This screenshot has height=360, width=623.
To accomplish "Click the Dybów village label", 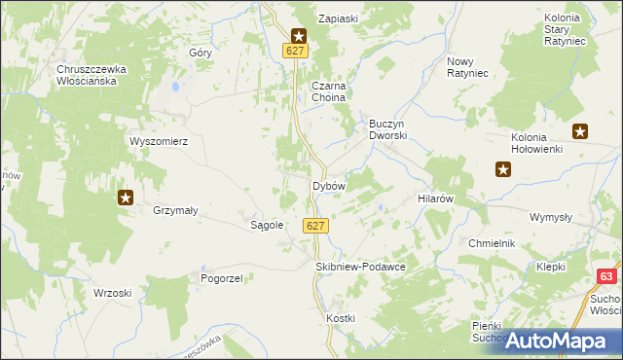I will (328, 185).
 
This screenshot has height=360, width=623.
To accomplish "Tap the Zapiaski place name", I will (342, 18).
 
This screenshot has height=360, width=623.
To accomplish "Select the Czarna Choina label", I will (329, 91).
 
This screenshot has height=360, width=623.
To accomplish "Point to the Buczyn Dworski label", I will (386, 129).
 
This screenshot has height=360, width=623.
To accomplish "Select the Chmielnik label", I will (491, 243).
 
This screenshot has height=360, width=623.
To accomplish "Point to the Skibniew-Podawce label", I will (360, 266).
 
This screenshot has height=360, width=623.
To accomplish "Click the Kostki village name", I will (341, 319).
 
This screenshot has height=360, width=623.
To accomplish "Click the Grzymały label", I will (176, 209).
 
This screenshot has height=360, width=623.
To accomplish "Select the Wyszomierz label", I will (159, 140).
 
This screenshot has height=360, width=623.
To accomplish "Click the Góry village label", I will (202, 53).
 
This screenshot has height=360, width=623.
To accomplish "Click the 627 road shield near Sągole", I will (313, 226).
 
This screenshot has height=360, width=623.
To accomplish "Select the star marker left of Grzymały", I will (126, 198).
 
